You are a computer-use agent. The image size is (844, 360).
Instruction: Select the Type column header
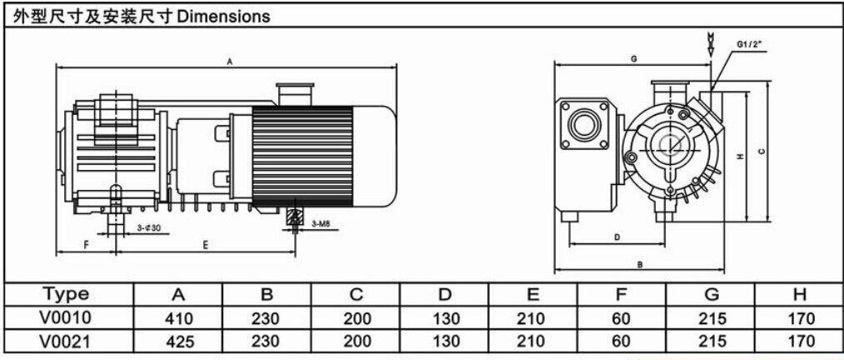[x=66, y=294]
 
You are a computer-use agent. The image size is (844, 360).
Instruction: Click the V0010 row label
[x=66, y=317]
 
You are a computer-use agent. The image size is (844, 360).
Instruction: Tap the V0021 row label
[x=66, y=340]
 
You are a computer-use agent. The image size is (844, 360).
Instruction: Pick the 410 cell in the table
[x=178, y=317]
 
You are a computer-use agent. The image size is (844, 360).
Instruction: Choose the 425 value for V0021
[x=178, y=340]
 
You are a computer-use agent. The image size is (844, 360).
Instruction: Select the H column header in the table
[x=799, y=294]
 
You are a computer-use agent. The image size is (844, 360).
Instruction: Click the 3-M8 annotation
[x=322, y=224]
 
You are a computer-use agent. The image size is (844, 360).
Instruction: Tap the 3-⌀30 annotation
[x=148, y=227]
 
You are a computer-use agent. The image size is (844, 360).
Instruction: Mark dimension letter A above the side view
[x=228, y=61]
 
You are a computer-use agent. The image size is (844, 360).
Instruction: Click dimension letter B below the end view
[x=640, y=264]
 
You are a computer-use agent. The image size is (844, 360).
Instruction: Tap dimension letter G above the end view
[x=633, y=60]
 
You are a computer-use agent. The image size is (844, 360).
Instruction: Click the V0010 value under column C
[x=356, y=317]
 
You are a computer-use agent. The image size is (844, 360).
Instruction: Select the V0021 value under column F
[x=622, y=340]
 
